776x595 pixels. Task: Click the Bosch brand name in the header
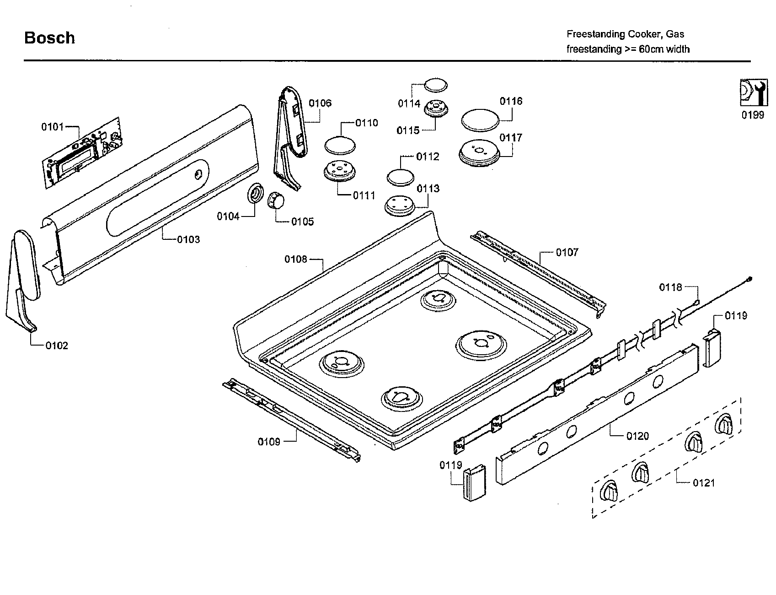[x=49, y=38]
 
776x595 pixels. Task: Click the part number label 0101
[x=53, y=126]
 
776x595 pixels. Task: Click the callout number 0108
[x=296, y=260]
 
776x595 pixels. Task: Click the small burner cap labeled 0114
[x=436, y=85]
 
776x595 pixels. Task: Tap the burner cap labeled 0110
[x=340, y=145]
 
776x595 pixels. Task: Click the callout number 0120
[x=637, y=436]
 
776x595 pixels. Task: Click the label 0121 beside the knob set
[x=703, y=482]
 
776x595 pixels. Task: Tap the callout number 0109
[x=269, y=442]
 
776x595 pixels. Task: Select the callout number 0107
[x=567, y=252]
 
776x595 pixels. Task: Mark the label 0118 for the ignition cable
[x=670, y=287]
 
